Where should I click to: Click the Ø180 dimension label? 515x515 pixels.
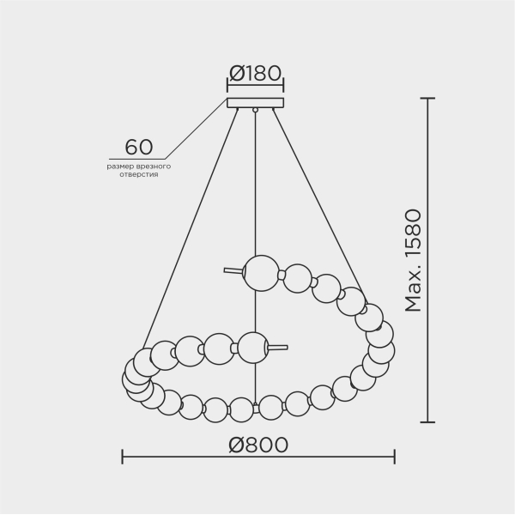click(255, 73)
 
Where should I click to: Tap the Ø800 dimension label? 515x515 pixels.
click(258, 445)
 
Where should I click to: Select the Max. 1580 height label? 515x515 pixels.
click(415, 259)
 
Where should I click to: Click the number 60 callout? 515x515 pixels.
click(139, 148)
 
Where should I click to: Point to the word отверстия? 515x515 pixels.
click(139, 174)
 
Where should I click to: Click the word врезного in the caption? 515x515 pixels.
click(154, 166)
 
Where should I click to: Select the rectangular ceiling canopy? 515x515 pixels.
click(255, 103)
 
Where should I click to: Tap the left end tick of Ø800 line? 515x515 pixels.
click(122, 456)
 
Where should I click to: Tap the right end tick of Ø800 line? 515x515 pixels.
click(395, 456)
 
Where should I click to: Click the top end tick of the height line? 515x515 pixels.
click(427, 99)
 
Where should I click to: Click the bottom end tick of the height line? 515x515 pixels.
click(427, 422)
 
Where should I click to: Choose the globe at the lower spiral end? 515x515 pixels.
click(253, 347)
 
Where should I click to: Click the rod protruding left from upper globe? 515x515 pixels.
click(233, 270)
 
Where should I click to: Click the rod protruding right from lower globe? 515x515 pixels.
click(277, 348)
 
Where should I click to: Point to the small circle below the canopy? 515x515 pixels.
click(255, 111)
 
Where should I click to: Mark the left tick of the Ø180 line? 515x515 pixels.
click(227, 86)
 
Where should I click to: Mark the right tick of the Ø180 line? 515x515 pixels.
click(283, 86)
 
